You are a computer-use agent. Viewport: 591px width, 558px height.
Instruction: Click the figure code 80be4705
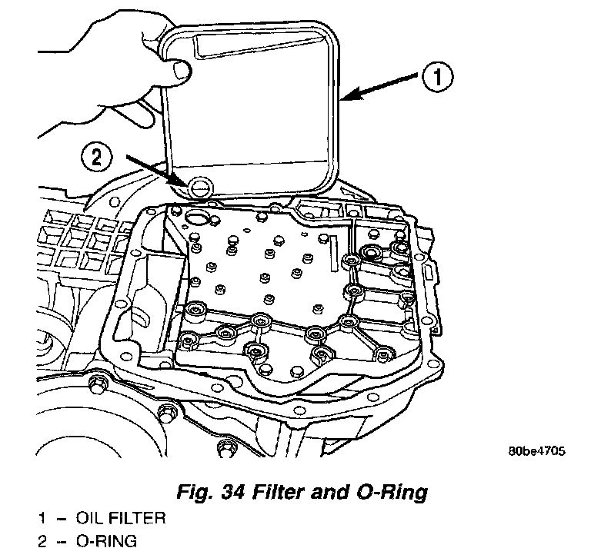coord(536,451)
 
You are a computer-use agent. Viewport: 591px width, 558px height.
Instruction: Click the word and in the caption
coord(330,490)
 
